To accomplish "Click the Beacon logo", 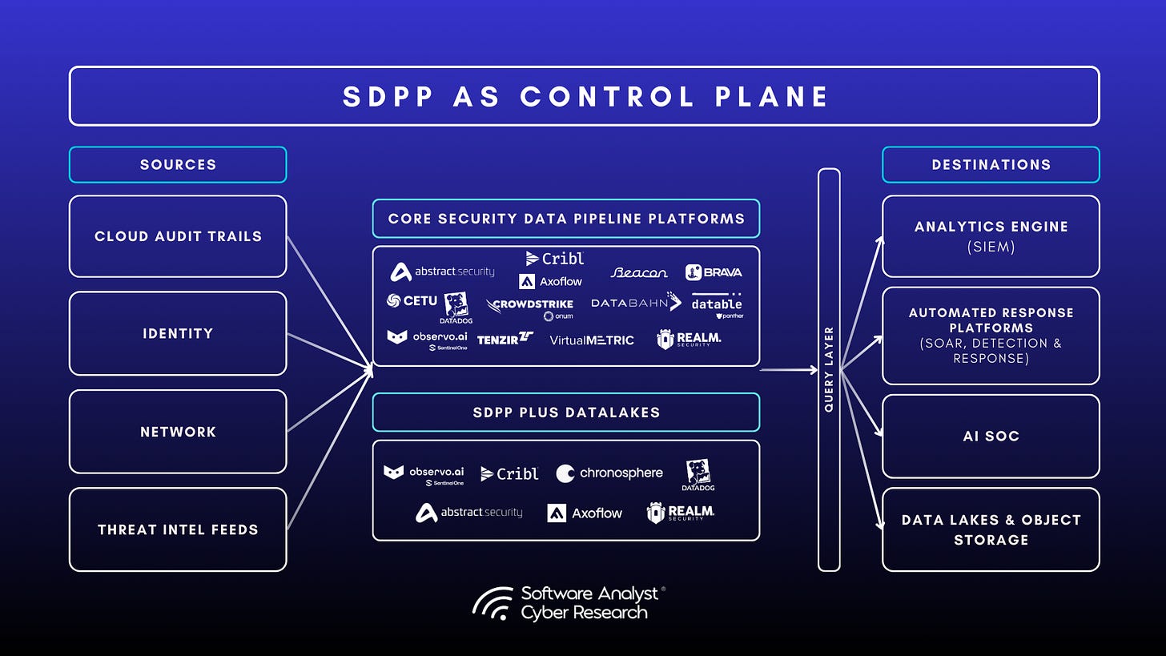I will tap(638, 272).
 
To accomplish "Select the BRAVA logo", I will tap(713, 272).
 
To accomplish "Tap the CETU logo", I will tap(412, 301).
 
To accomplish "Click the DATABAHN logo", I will tap(636, 303).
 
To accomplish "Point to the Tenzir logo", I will tap(505, 340).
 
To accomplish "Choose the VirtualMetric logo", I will tap(591, 340).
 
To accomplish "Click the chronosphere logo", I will tap(609, 473).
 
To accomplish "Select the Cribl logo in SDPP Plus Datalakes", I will tap(509, 473).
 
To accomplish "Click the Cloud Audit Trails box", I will tap(178, 236).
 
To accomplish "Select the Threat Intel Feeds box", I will tap(178, 529).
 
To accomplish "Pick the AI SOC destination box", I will tap(991, 437).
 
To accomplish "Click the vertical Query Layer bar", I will tap(829, 369).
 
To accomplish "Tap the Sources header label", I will tap(178, 164).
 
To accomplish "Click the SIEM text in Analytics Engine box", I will tap(991, 247).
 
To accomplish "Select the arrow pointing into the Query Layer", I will tap(789, 370).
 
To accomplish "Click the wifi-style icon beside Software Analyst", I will tap(493, 604).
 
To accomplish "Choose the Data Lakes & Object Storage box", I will tap(991, 529).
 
